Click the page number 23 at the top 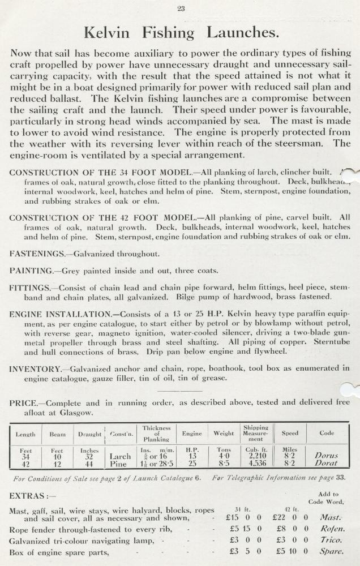[181, 8]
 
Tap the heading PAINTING [31, 271]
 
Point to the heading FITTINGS [31, 288]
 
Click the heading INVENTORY [35, 369]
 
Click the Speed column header [290, 434]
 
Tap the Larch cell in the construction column [120, 454]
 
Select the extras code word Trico [331, 540]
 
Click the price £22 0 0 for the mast [289, 517]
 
